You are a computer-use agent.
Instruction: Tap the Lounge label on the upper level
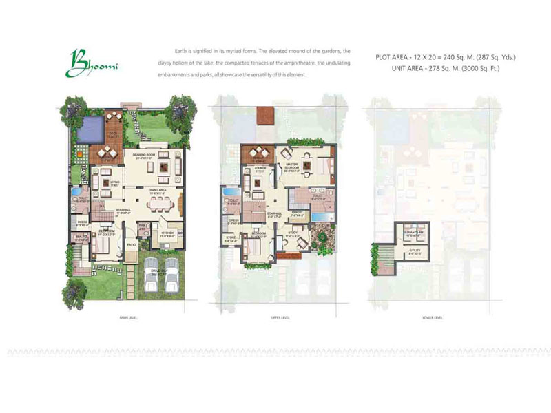pos(260,167)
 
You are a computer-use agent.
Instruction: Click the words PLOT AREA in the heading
pos(393,57)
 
